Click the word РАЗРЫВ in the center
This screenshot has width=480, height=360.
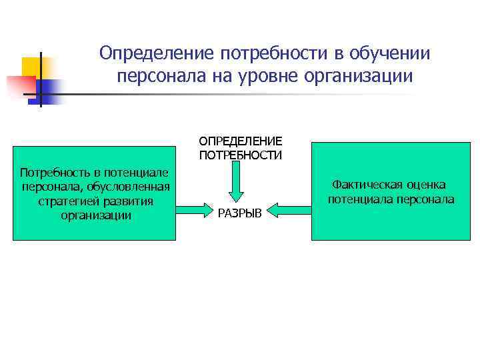tap(240, 213)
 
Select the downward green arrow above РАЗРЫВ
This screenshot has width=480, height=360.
tap(240, 181)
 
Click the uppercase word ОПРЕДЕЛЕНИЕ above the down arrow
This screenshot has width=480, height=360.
tap(240, 141)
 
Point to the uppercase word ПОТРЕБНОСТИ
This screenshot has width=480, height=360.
tap(240, 155)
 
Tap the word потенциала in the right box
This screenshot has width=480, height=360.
tap(359, 199)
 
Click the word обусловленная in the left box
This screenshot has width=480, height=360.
tap(133, 186)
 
